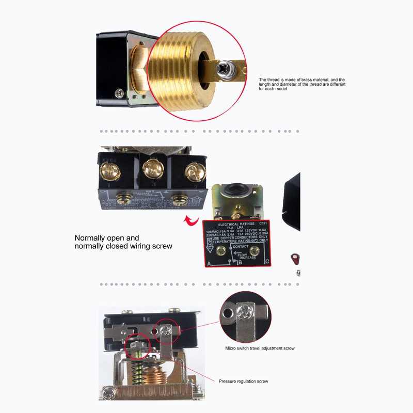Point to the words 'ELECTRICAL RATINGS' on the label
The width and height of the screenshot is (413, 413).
pos(235,225)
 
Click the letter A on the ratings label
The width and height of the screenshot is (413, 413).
pos(209,263)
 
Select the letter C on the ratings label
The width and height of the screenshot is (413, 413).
pos(266,261)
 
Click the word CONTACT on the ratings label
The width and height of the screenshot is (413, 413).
pos(241,247)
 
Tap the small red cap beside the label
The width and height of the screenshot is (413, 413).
pos(295,257)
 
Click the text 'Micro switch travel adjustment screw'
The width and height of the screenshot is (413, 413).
pos(260,348)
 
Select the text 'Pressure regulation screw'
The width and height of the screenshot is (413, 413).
pos(243,382)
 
